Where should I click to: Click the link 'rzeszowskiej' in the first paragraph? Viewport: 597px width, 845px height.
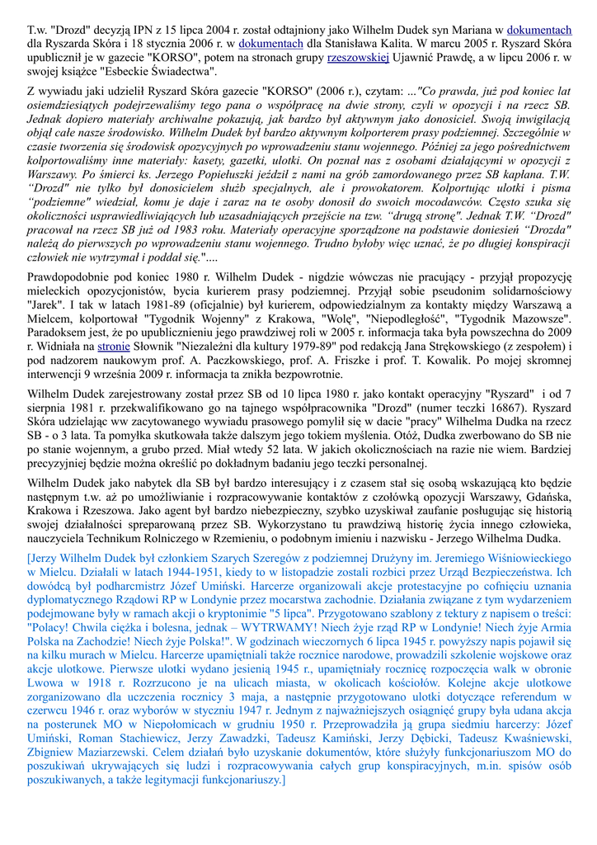point(358,58)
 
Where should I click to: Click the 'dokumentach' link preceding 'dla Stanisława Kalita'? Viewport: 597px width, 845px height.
point(271,44)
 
